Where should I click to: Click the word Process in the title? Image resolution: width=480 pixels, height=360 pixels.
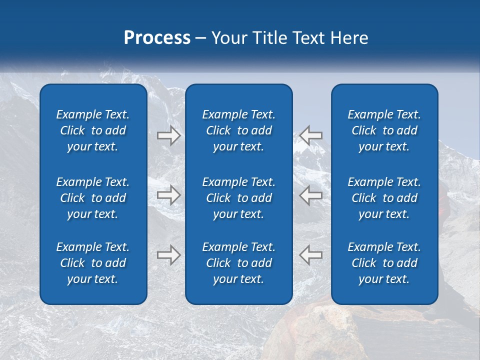[x=157, y=37]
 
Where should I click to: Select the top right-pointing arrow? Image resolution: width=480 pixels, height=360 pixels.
[x=168, y=135]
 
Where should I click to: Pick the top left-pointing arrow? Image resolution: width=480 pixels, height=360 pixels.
[x=311, y=135]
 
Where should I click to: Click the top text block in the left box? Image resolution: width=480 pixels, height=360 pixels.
[x=93, y=130]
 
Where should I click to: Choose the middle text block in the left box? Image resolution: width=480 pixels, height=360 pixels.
[x=93, y=198]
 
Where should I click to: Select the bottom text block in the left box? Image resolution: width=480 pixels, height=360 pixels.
[x=93, y=263]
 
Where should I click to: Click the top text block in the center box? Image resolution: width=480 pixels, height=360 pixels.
[x=238, y=130]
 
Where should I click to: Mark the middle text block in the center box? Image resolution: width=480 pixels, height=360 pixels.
[x=238, y=198]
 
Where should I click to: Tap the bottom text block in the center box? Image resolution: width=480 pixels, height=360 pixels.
[x=238, y=263]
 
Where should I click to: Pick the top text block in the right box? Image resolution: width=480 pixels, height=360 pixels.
[x=384, y=130]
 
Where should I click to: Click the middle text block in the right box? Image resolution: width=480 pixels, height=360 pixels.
[x=384, y=198]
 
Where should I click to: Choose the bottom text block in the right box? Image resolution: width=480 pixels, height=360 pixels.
[x=384, y=263]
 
